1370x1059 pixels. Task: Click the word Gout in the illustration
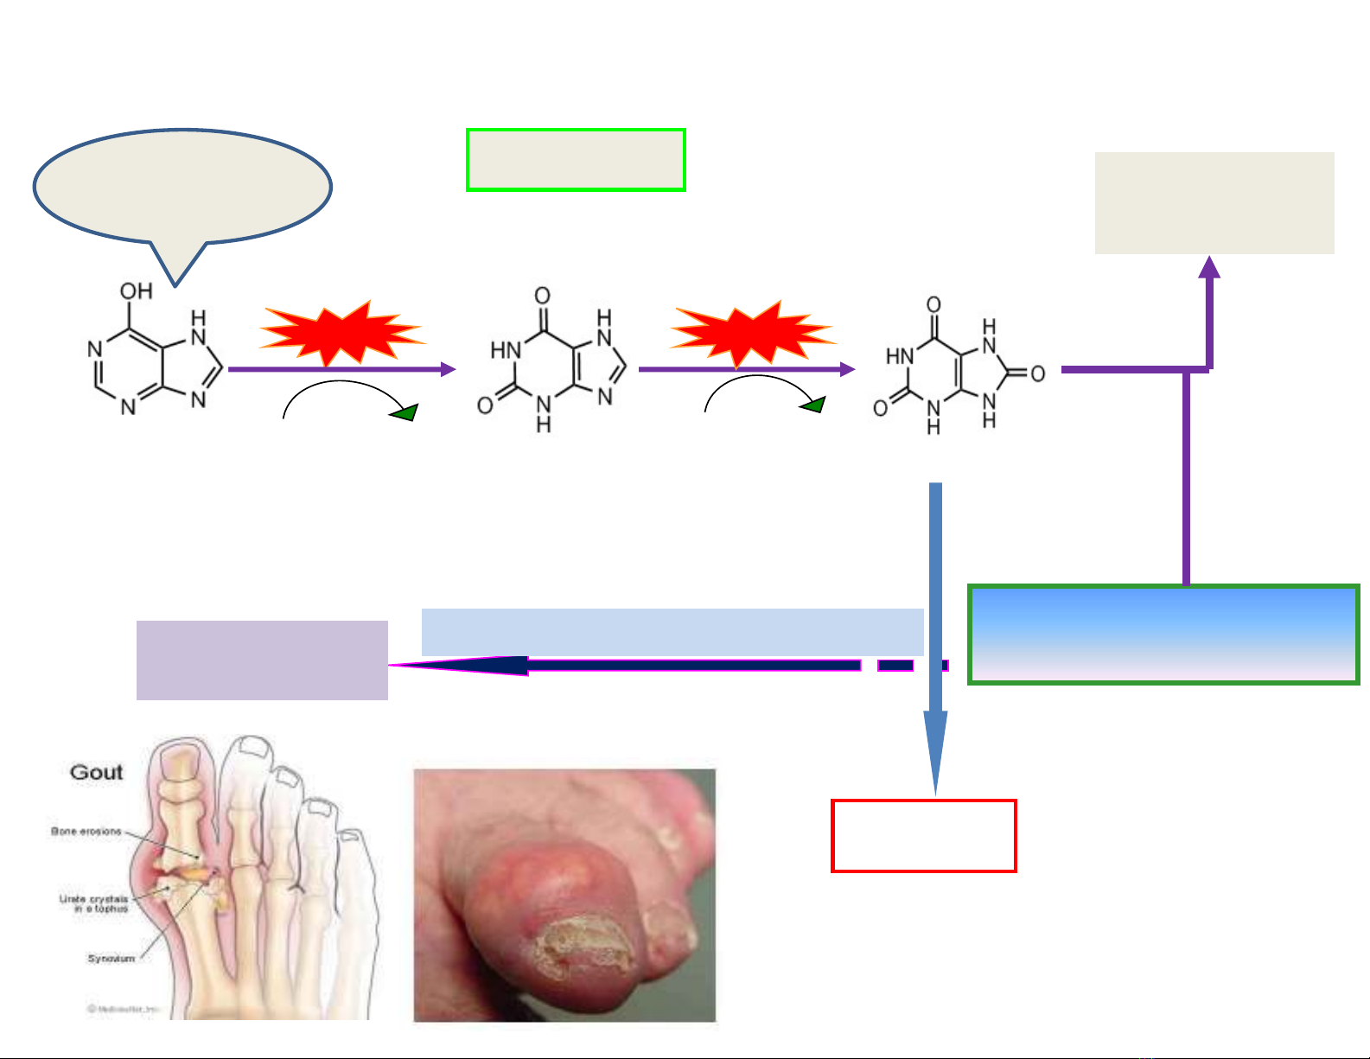click(97, 772)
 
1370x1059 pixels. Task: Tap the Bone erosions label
click(86, 832)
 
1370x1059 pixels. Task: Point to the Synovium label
click(112, 958)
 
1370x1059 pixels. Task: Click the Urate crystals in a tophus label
click(94, 904)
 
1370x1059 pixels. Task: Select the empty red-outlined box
click(923, 835)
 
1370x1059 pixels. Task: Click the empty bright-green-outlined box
click(576, 160)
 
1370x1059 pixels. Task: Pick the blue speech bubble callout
click(182, 188)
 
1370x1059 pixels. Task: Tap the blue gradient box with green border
click(1163, 635)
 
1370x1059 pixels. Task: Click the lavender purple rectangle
click(262, 660)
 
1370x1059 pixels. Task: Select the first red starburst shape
click(341, 333)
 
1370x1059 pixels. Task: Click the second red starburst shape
click(752, 334)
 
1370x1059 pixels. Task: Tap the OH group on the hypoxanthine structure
click(136, 291)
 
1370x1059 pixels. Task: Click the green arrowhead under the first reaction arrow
click(405, 412)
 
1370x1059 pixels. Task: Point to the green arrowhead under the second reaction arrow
click(813, 405)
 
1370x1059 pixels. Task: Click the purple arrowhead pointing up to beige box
click(1210, 267)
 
